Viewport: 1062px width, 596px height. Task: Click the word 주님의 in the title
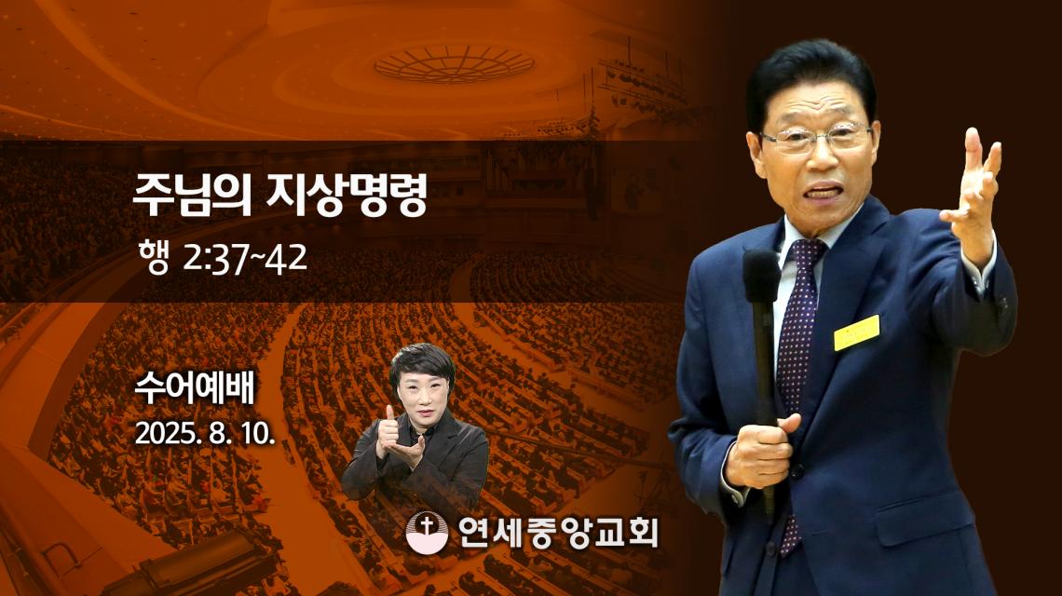click(192, 195)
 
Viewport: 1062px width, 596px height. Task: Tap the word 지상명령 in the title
click(347, 195)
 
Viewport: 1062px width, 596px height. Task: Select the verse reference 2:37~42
click(244, 259)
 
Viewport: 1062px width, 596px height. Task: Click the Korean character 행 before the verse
click(153, 258)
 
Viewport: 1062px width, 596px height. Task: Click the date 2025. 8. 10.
click(205, 433)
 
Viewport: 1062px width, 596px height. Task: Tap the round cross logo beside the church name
click(427, 532)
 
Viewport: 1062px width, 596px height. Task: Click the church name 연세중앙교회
click(557, 532)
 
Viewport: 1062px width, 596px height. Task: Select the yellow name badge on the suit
click(857, 332)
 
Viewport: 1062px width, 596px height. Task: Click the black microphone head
click(761, 276)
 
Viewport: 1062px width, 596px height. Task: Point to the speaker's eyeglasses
click(816, 138)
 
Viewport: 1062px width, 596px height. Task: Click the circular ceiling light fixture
click(455, 63)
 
